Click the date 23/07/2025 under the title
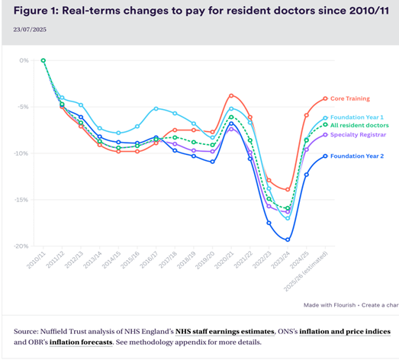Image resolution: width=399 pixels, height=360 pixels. [x=29, y=29]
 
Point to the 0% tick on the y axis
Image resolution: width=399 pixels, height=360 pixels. [x=24, y=60]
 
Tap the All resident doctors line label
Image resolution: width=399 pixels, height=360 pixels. [x=365, y=125]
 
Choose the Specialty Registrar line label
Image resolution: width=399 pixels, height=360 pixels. [x=362, y=134]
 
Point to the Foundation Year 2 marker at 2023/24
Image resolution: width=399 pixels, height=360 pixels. [x=287, y=239]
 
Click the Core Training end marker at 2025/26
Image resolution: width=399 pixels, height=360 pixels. [x=325, y=98]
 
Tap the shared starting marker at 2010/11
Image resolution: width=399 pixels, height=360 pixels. [x=43, y=60]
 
